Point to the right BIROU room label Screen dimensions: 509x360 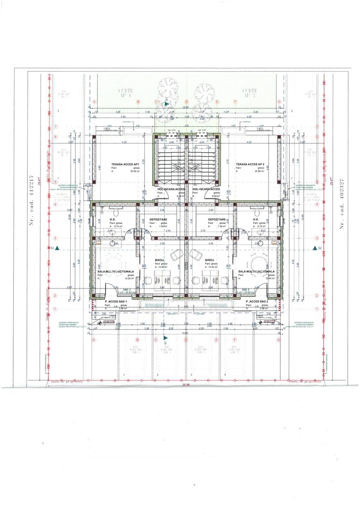tap(210, 260)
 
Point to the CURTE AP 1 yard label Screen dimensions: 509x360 tap(126, 92)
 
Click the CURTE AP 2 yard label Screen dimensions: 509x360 tap(249, 92)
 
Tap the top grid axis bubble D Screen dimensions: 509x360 tap(186, 102)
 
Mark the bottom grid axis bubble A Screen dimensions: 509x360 tap(94, 340)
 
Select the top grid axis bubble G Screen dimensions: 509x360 tap(279, 102)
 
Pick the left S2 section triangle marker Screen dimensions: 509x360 tap(57, 247)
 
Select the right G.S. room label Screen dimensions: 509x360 tap(255, 219)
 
